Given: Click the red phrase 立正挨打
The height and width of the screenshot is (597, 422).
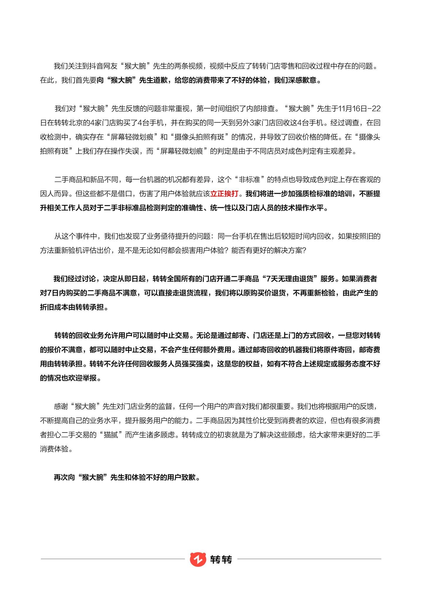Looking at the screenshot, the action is click(224, 194).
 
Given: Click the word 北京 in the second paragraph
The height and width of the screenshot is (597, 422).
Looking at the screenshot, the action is click(75, 123).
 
